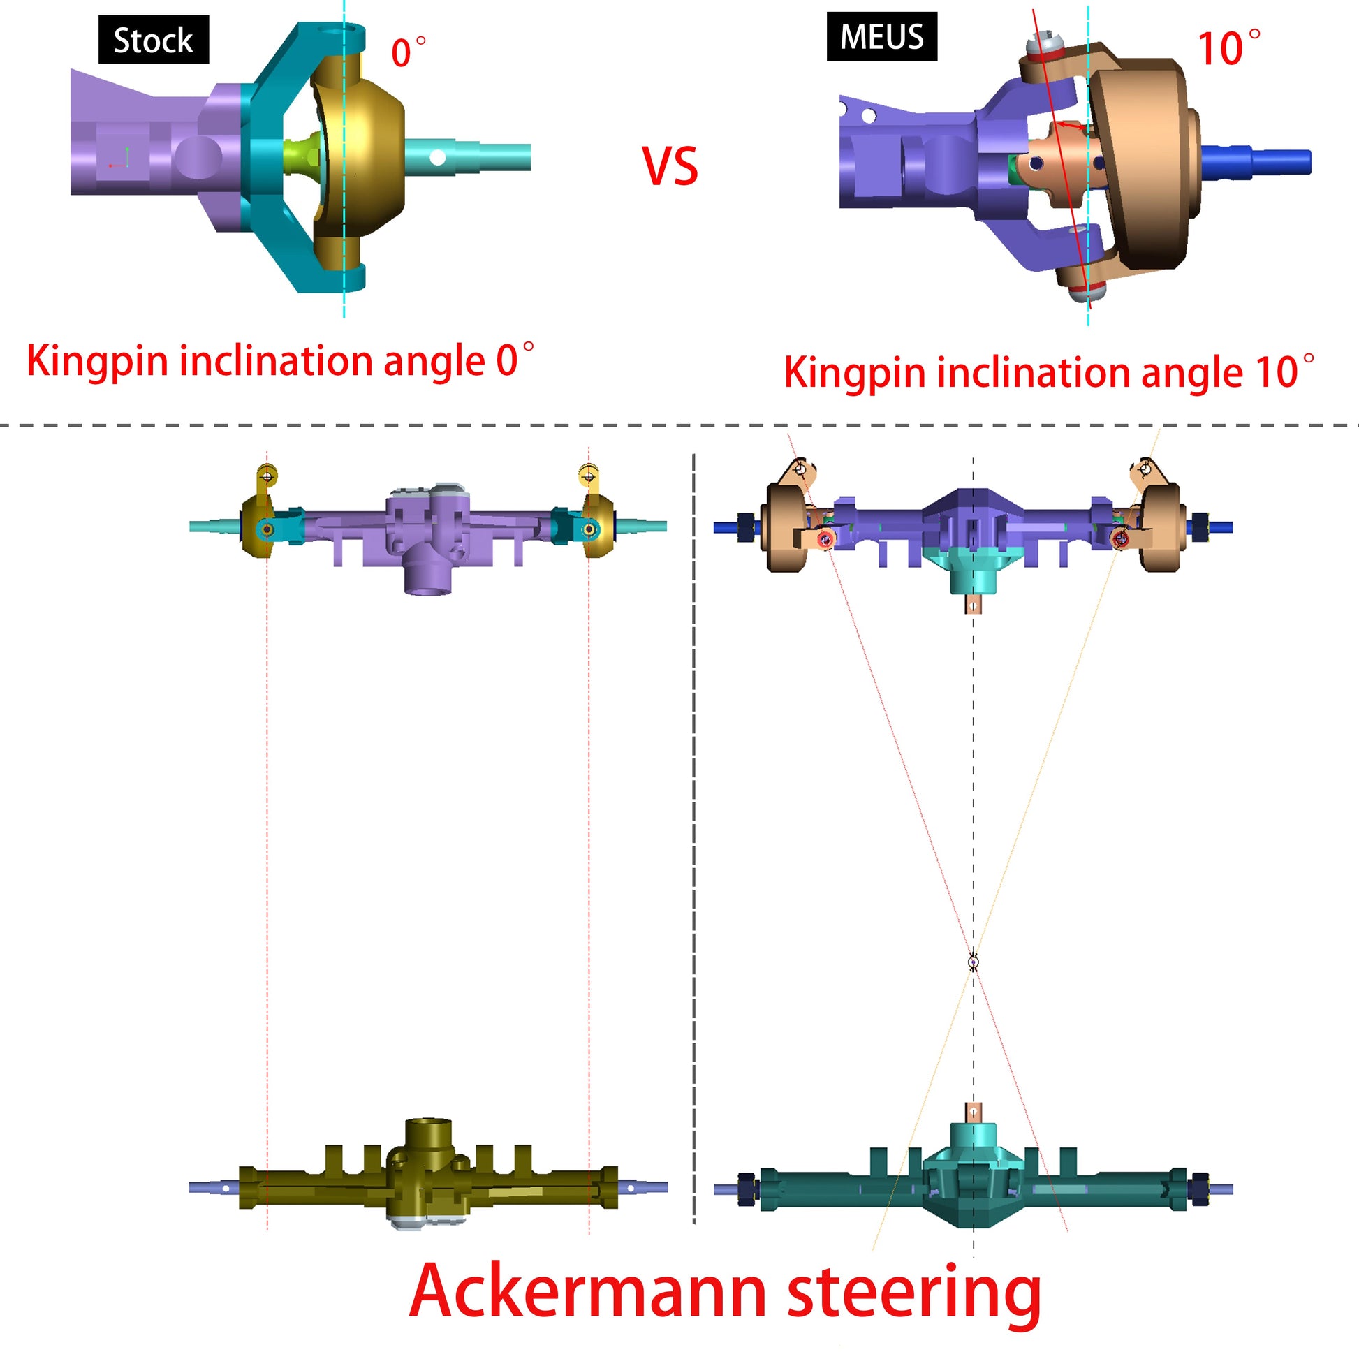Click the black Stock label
click(154, 40)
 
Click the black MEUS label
click(881, 36)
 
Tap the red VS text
click(670, 167)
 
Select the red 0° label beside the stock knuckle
click(408, 53)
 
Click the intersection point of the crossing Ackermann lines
click(974, 961)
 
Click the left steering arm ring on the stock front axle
click(267, 476)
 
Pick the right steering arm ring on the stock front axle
click(588, 476)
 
